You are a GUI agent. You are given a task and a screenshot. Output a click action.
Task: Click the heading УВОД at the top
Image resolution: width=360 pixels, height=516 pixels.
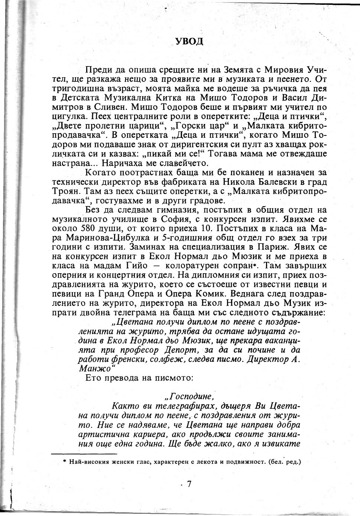pyautogui.click(x=189, y=41)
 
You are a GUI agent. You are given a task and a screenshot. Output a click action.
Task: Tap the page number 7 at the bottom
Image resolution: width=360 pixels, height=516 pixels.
pyautogui.click(x=189, y=484)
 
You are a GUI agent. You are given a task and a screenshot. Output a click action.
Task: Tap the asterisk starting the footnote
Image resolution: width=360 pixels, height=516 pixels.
pyautogui.click(x=64, y=462)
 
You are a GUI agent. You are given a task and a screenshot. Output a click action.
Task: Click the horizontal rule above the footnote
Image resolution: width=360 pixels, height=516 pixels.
pyautogui.click(x=84, y=454)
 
